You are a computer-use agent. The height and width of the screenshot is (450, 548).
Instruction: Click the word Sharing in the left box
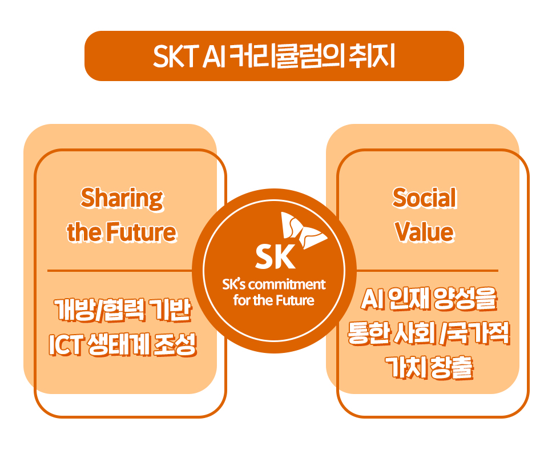tap(122, 199)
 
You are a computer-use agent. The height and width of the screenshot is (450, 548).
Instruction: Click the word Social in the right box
tap(425, 199)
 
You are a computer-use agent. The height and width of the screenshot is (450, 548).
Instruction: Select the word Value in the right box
tap(425, 232)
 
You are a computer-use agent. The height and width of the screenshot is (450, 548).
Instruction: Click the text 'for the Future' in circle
tap(274, 300)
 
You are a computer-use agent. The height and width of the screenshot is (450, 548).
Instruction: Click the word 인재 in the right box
tap(406, 299)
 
